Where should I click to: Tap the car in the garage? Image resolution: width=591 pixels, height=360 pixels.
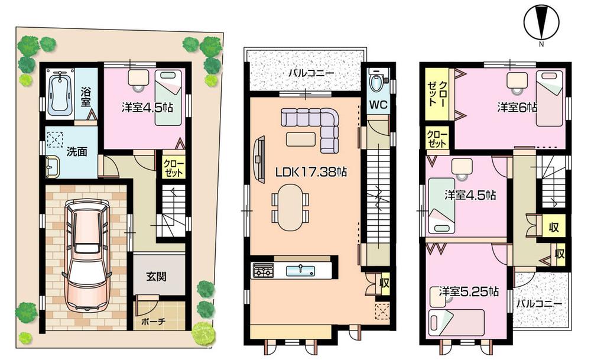tap(87, 254)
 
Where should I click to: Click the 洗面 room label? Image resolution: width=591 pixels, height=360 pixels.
tap(77, 151)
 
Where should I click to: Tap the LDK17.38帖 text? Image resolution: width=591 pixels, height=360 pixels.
tap(310, 172)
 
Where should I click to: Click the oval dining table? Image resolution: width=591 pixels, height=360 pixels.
tap(290, 207)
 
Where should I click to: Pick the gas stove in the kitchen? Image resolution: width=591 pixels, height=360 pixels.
tap(263, 271)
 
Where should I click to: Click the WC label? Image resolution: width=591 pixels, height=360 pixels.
tap(378, 106)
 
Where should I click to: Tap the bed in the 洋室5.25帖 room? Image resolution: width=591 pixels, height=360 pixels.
tap(457, 322)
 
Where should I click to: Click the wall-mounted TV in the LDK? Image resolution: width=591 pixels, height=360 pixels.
tap(258, 157)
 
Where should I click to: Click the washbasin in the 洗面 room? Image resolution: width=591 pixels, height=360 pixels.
tap(51, 167)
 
